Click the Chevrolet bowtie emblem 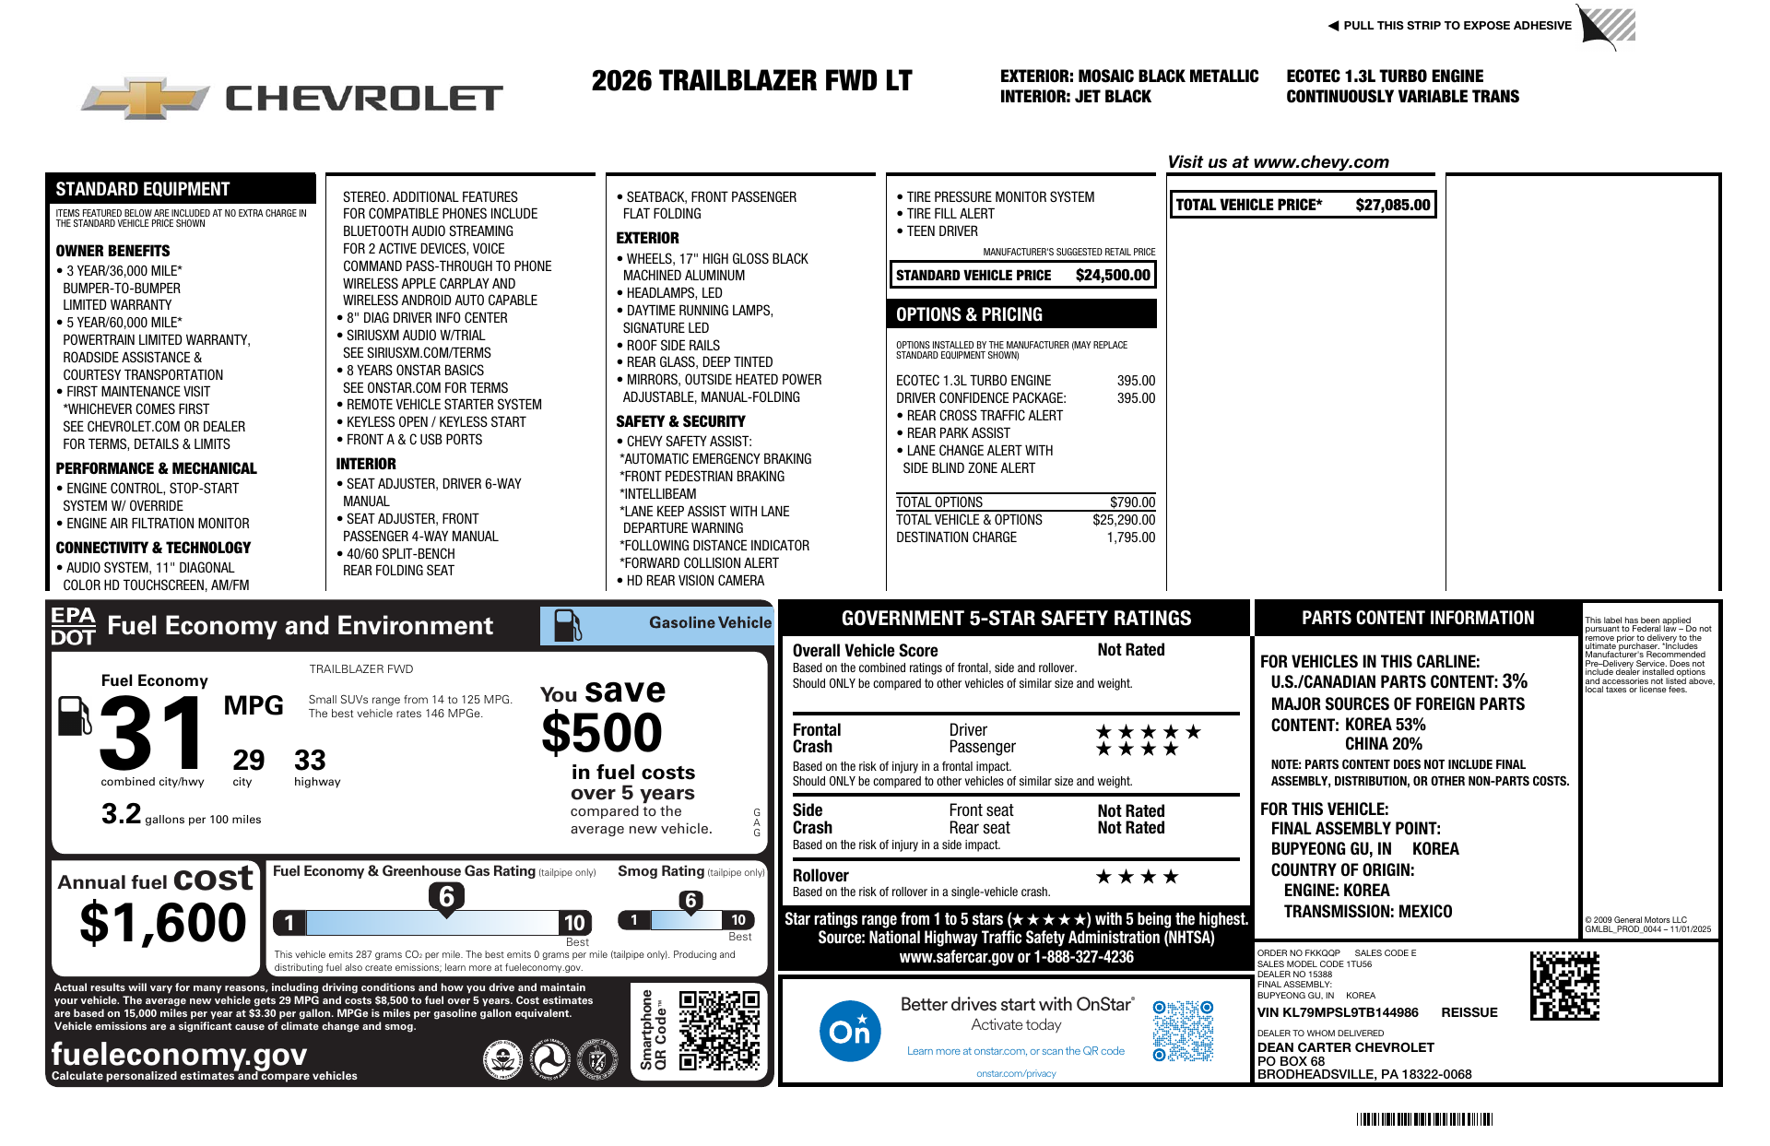tap(145, 98)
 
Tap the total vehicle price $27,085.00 tap(1392, 205)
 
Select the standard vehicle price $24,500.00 tap(1113, 275)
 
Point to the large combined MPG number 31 tap(153, 734)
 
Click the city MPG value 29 tap(248, 761)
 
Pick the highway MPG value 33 tap(310, 761)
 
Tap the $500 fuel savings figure tap(602, 734)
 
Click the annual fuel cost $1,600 tap(163, 923)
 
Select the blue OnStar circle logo tap(849, 1031)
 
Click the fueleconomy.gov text tap(179, 1054)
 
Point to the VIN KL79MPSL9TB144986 tap(1338, 1012)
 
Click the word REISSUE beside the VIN tap(1469, 1012)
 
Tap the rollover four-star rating tap(1137, 877)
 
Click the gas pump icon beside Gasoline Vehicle tap(567, 626)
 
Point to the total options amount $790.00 tap(1132, 502)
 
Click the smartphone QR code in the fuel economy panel tap(719, 1030)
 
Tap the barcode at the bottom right tap(1424, 1119)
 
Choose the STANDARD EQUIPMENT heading tap(142, 189)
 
